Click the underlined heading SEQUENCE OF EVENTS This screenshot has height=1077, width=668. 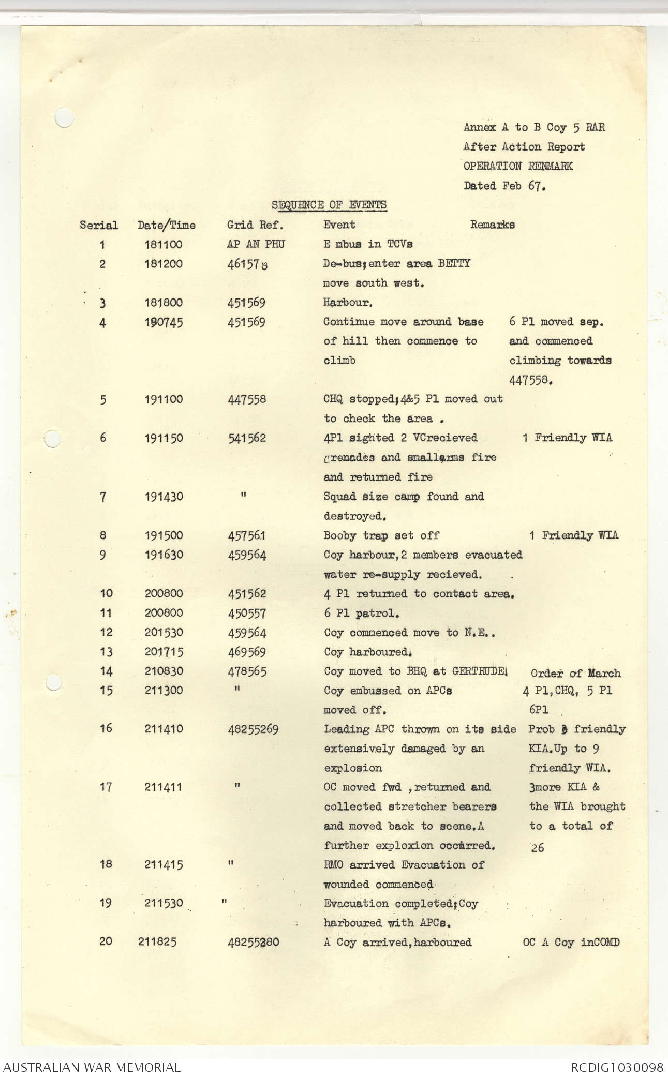329,205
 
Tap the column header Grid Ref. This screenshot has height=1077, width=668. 255,225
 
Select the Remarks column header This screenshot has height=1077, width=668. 492,225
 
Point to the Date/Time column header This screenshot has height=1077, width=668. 166,225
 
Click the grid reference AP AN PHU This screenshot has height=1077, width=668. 256,244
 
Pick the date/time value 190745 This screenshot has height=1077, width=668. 164,322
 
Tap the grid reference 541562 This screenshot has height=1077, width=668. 247,438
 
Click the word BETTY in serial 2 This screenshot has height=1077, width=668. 454,263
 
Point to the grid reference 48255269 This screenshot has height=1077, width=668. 253,729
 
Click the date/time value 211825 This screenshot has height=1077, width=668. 157,941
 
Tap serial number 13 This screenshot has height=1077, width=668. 106,652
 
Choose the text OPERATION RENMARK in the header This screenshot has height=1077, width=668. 518,166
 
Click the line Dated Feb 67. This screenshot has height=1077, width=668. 504,186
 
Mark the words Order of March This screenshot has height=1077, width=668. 575,673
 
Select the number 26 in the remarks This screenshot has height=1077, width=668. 537,847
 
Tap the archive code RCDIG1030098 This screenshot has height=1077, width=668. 617,1067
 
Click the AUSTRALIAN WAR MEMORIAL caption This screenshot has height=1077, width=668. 92,1067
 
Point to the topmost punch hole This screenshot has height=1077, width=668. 64,117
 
